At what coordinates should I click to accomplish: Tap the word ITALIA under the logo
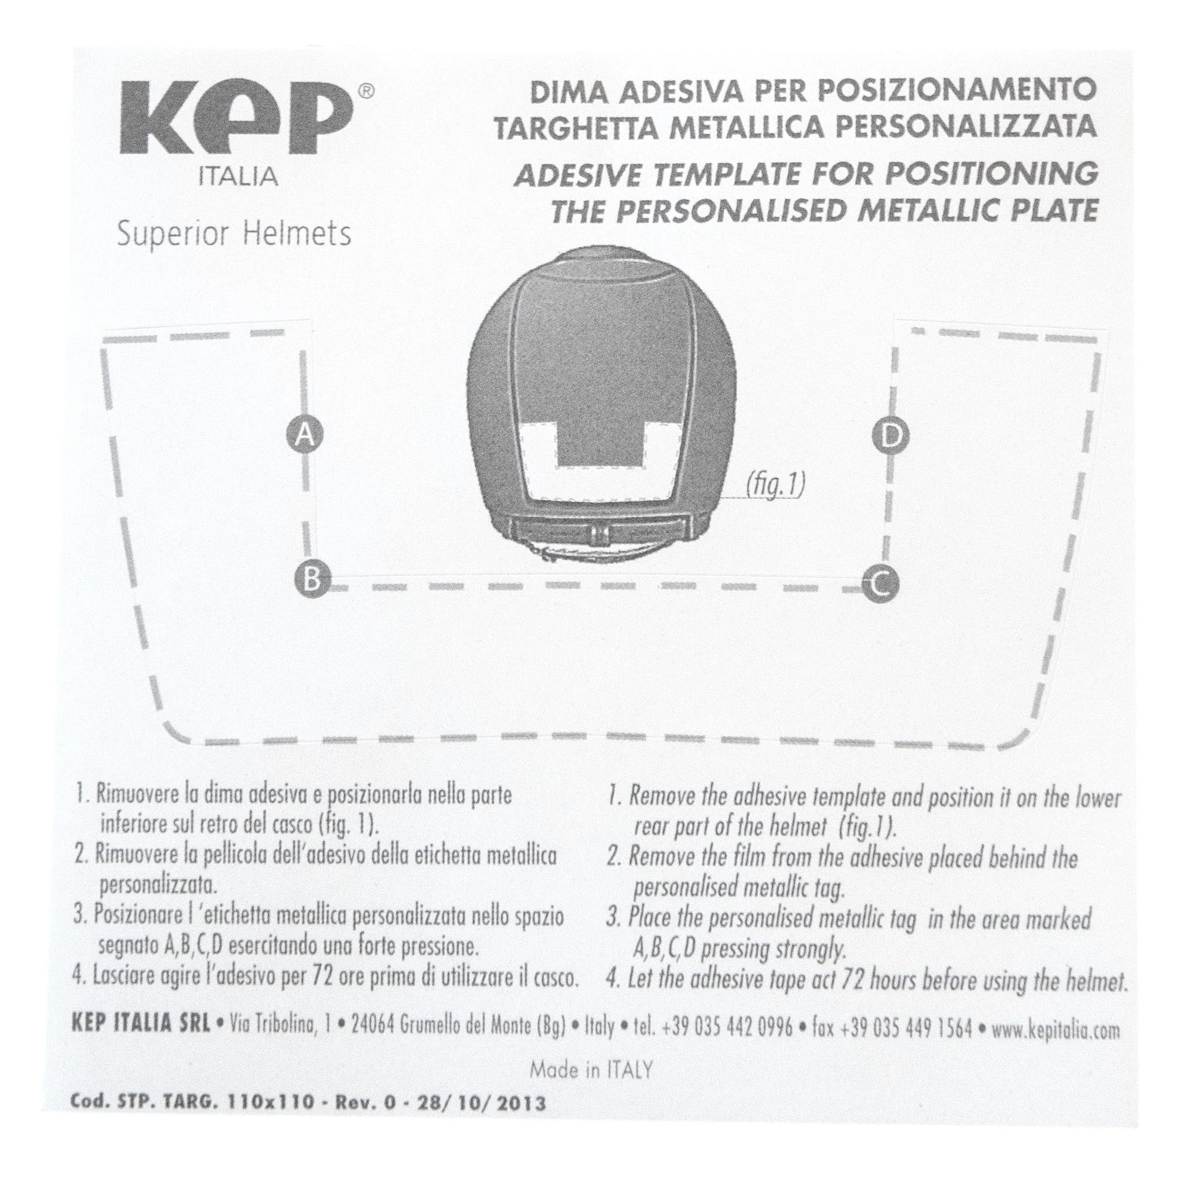239,177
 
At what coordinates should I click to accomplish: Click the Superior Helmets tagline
234,234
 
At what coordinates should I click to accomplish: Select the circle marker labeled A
304,435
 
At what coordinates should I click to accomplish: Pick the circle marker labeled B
312,578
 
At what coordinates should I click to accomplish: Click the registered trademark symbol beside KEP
365,91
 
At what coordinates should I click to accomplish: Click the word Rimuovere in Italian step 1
134,795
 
